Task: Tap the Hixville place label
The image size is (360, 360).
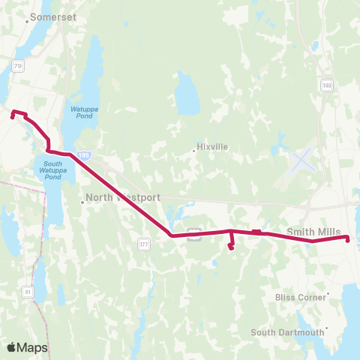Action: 211,147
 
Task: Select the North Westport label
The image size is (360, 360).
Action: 123,198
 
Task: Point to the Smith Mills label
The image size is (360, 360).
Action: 313,232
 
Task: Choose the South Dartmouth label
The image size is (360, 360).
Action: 287,332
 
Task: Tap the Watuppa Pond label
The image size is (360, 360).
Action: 82,112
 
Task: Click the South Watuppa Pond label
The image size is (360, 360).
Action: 52,171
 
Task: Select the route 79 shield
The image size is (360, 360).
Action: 18,66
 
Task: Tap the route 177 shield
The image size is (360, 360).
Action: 144,244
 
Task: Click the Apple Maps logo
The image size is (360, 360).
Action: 27,347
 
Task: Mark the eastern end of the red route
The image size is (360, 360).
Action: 348,238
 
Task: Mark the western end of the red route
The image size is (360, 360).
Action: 10,115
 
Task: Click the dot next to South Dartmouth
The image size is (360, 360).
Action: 325,329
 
